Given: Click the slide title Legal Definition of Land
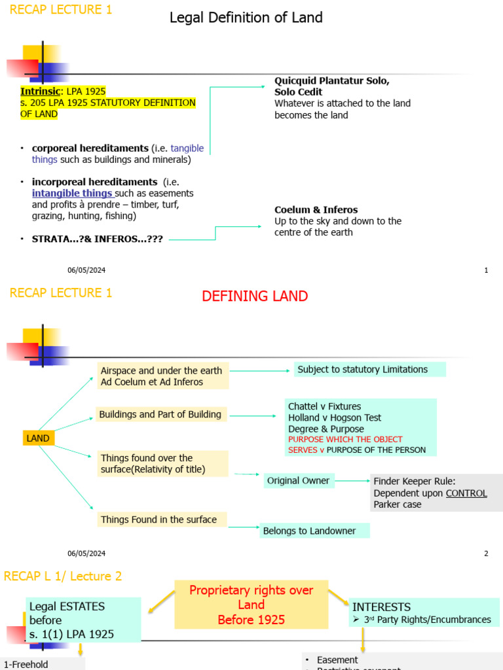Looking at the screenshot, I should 246,18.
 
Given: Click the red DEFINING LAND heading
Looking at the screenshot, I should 254,296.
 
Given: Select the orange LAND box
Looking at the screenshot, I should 39,438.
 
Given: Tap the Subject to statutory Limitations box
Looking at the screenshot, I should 369,370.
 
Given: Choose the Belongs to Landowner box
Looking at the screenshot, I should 314,531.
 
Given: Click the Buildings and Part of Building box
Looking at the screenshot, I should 161,414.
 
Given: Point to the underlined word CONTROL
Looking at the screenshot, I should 466,493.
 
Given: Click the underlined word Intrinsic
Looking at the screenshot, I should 40,92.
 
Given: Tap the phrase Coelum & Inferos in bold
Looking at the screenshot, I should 316,210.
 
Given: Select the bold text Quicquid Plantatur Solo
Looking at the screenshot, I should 332,81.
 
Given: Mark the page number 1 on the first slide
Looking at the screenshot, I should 486,270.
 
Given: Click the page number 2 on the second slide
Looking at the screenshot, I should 486,554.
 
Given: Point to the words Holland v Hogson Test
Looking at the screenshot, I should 335,417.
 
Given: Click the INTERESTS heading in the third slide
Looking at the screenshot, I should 381,607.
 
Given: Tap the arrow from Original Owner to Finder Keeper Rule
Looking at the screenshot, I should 352,481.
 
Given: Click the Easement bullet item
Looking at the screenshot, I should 337,660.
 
